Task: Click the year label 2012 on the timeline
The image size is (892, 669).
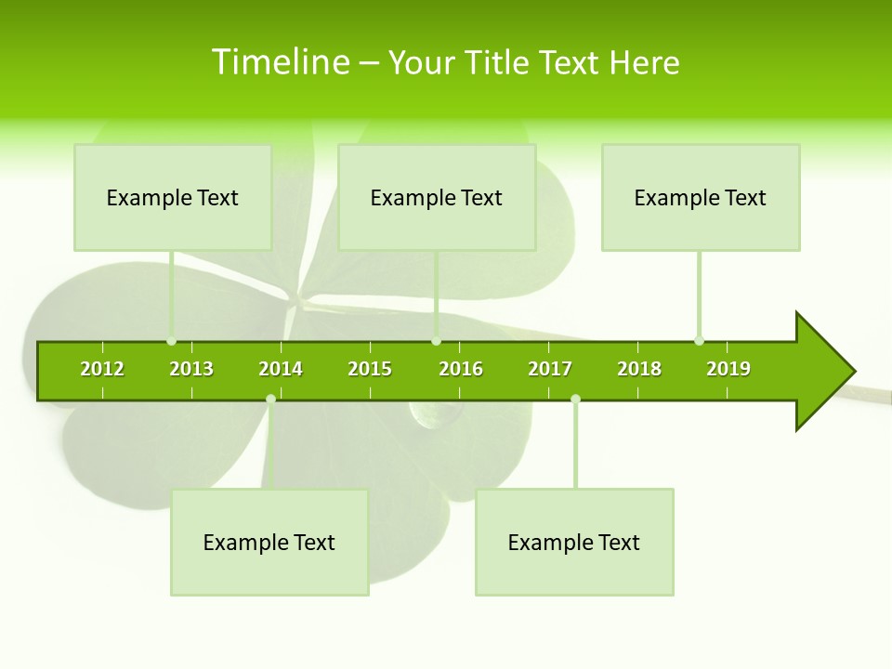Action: coord(102,369)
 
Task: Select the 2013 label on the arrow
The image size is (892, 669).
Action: coord(191,369)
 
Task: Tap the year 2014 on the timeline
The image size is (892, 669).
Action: coord(281,369)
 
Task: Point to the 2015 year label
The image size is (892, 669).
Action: coord(370,369)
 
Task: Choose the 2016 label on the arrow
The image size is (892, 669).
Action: coord(461,369)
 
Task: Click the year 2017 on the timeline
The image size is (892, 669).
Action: coord(550,369)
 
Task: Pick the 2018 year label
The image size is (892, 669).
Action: coord(639,369)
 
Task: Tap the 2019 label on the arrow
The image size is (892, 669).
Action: coord(728,369)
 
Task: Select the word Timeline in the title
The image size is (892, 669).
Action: coord(281,62)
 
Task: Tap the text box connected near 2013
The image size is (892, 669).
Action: coord(173,197)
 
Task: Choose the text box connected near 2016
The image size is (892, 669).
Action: coord(437,197)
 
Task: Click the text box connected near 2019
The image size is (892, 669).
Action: coord(701,197)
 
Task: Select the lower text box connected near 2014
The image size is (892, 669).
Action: coord(269,542)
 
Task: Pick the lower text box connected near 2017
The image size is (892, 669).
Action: coord(574,542)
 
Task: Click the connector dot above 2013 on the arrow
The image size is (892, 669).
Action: coord(171,341)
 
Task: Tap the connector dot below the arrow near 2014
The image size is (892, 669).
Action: coord(270,400)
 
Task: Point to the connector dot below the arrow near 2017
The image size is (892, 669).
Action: coord(575,400)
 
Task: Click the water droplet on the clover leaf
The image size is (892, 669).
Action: coord(428,416)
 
